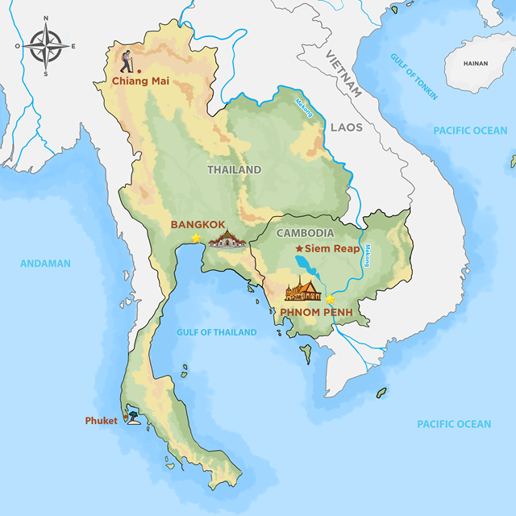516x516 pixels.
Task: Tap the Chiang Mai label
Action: coord(140,81)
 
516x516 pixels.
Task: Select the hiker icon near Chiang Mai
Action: coord(127,62)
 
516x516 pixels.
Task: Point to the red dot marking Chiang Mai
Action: coord(140,71)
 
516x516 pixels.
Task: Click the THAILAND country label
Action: coord(234,170)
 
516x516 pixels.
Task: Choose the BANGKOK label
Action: coord(197,225)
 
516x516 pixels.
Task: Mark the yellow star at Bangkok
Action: coord(196,239)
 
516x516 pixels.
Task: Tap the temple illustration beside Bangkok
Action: coord(227,239)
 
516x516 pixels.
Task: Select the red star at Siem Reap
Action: coord(299,249)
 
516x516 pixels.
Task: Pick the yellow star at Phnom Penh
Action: coord(330,299)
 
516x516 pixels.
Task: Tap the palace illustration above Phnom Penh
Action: coord(302,288)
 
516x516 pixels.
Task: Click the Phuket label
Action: coord(101,421)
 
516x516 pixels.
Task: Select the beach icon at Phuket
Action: coord(131,418)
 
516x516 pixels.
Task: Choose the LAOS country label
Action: coord(345,127)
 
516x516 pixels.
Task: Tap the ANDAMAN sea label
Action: coord(45,263)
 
